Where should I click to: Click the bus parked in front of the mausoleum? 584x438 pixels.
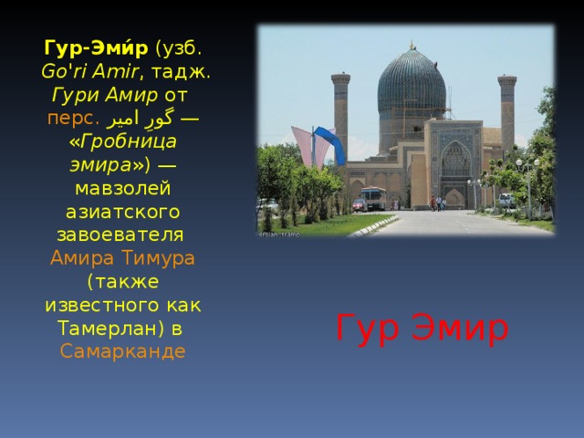click(x=371, y=198)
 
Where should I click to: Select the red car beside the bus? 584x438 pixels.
click(x=360, y=206)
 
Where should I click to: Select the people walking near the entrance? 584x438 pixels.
click(x=439, y=203)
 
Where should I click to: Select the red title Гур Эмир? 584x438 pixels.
click(x=422, y=328)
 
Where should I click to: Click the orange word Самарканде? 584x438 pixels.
click(x=122, y=351)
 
